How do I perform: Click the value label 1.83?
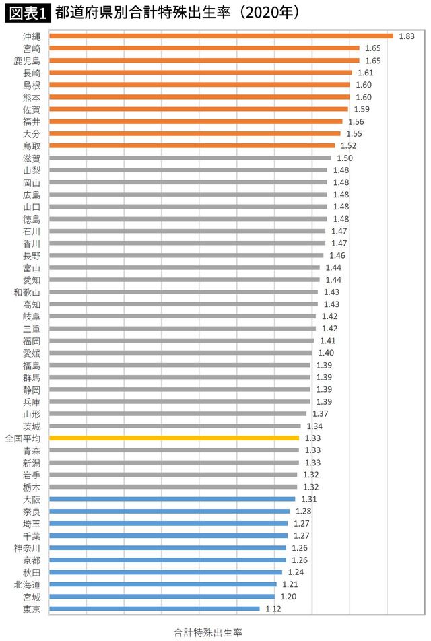click(x=406, y=36)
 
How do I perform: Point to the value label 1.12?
click(x=273, y=609)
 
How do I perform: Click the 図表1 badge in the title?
click(x=28, y=13)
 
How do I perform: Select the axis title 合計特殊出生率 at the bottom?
click(x=208, y=632)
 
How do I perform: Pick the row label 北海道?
click(x=27, y=584)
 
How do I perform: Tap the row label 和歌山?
click(x=27, y=292)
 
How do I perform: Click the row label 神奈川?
click(x=27, y=547)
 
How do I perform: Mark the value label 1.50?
click(x=344, y=158)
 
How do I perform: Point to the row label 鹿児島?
click(x=27, y=61)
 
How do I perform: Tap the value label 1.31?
click(x=308, y=499)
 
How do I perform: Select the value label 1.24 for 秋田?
click(x=296, y=572)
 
